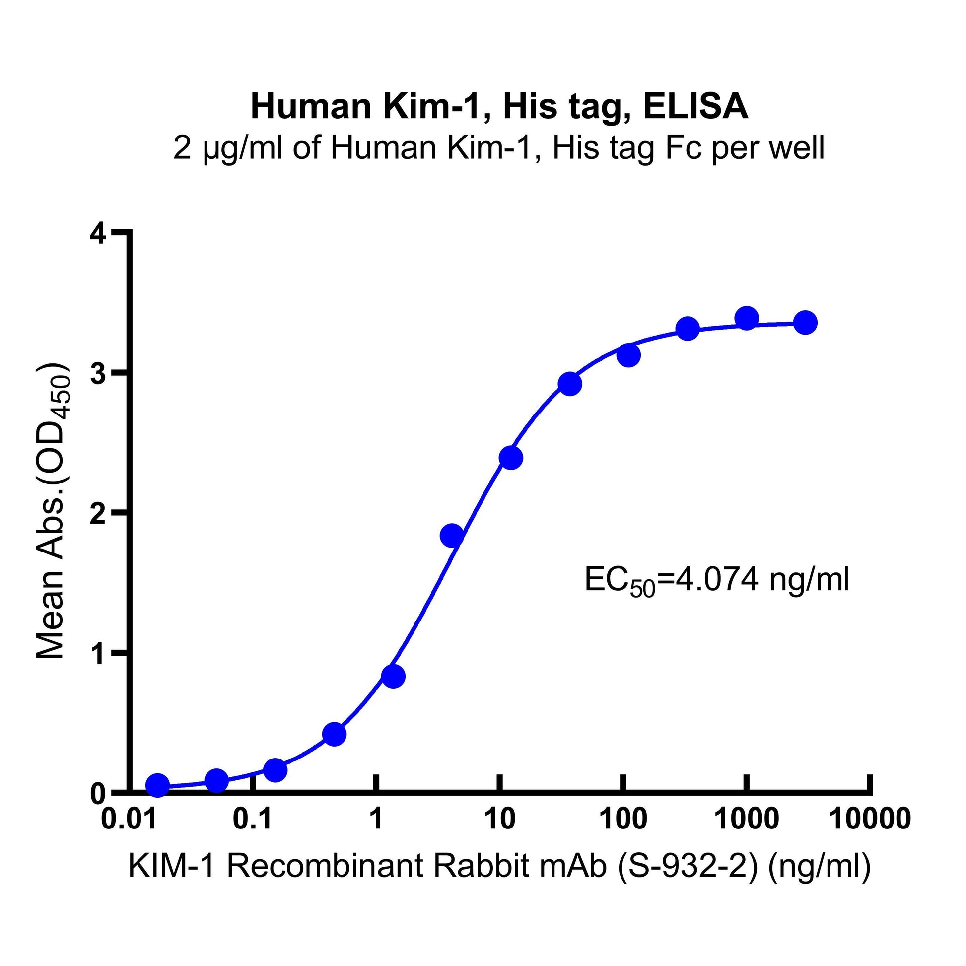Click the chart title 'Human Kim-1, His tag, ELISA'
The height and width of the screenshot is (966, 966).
pyautogui.click(x=499, y=107)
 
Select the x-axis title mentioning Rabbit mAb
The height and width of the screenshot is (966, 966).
pyautogui.click(x=499, y=866)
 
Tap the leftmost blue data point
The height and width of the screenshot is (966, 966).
pyautogui.click(x=158, y=785)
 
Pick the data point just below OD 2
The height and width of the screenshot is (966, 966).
pyautogui.click(x=452, y=536)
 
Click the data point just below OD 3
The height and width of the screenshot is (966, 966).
pyautogui.click(x=570, y=384)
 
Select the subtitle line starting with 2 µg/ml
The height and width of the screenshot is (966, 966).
pyautogui.click(x=499, y=148)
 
